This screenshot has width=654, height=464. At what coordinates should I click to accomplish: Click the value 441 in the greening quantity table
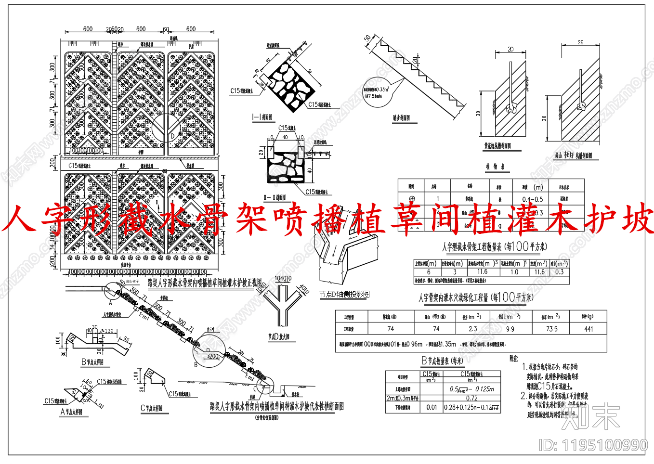(x=589, y=329)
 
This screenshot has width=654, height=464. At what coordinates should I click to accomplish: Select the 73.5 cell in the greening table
(x=551, y=329)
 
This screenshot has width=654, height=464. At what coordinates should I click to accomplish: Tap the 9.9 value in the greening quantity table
(x=510, y=329)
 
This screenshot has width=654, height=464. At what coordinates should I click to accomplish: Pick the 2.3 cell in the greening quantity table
(x=472, y=329)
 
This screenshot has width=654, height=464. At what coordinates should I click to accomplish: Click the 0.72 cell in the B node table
(x=471, y=398)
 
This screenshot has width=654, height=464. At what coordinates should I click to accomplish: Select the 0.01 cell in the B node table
(x=432, y=407)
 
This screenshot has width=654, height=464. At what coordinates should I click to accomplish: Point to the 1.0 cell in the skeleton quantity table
(x=514, y=272)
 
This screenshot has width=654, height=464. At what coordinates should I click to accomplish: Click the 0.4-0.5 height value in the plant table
(x=532, y=199)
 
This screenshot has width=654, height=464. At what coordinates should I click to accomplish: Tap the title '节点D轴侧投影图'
(x=344, y=294)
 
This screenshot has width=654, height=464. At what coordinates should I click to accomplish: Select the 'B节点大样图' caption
(x=92, y=362)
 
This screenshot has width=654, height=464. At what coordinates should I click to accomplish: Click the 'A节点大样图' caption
(x=71, y=412)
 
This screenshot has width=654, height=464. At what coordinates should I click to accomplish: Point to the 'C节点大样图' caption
(x=151, y=408)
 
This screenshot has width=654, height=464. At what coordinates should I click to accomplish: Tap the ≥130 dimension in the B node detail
(x=108, y=331)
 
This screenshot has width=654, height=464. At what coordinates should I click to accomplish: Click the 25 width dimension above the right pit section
(x=580, y=42)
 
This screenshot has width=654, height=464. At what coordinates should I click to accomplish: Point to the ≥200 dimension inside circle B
(x=212, y=357)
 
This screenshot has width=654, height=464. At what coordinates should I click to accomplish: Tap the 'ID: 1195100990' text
(x=593, y=445)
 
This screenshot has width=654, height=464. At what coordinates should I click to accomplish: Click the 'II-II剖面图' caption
(x=275, y=198)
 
